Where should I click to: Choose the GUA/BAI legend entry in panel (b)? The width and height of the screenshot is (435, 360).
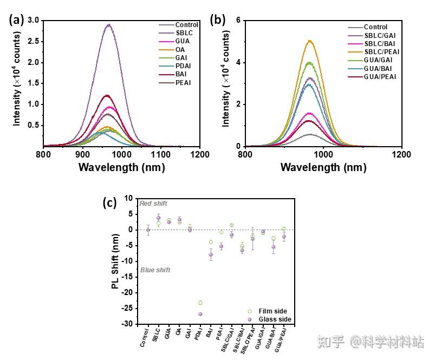(x=378, y=68)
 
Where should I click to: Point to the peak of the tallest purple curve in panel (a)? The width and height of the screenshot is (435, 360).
(x=108, y=24)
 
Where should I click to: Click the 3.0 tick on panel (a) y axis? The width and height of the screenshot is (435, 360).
(x=34, y=21)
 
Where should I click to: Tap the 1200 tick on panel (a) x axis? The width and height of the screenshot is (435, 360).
(x=200, y=155)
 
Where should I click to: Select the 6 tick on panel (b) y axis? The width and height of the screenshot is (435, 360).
(x=237, y=21)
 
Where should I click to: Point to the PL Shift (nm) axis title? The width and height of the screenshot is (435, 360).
(x=115, y=261)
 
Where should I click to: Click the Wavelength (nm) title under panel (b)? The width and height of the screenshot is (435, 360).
(x=323, y=167)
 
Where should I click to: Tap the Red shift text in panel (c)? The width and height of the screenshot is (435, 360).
(x=153, y=204)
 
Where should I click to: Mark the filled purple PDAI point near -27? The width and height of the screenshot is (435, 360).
(x=200, y=314)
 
